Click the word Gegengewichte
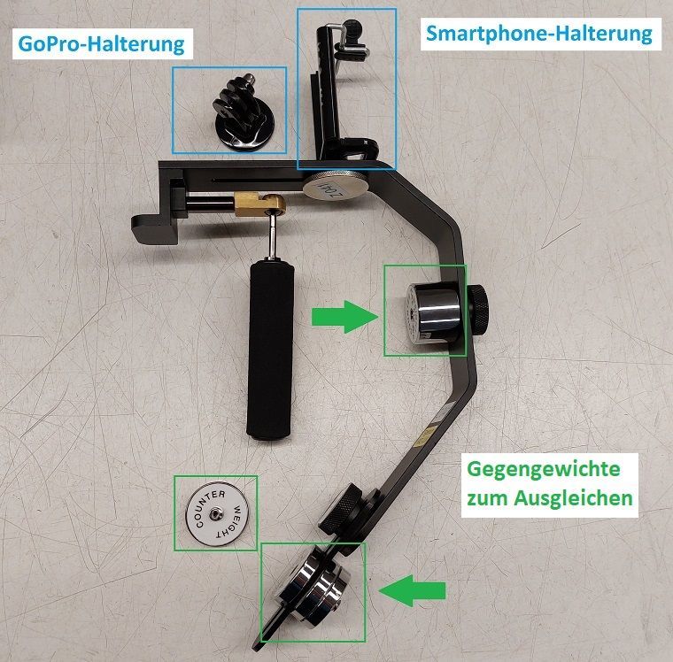pos(544,467)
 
